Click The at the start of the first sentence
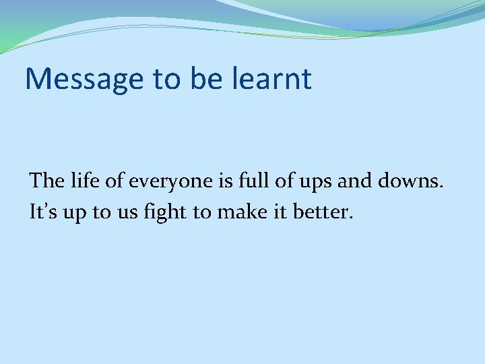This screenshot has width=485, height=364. pyautogui.click(x=46, y=181)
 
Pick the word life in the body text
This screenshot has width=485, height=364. pyautogui.click(x=83, y=181)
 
